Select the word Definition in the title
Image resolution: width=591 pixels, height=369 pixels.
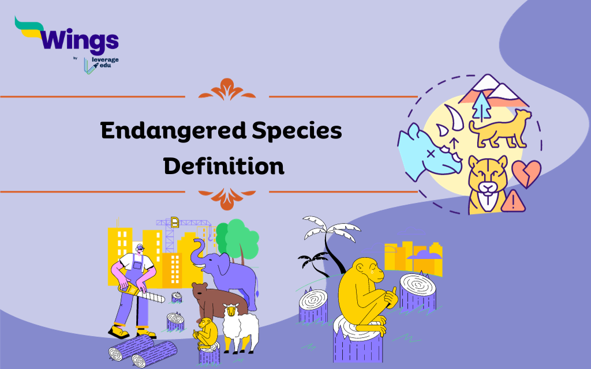coord(224,166)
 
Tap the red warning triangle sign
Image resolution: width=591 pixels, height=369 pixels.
coord(511,201)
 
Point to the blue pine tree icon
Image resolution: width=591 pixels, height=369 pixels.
coord(480,106)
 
